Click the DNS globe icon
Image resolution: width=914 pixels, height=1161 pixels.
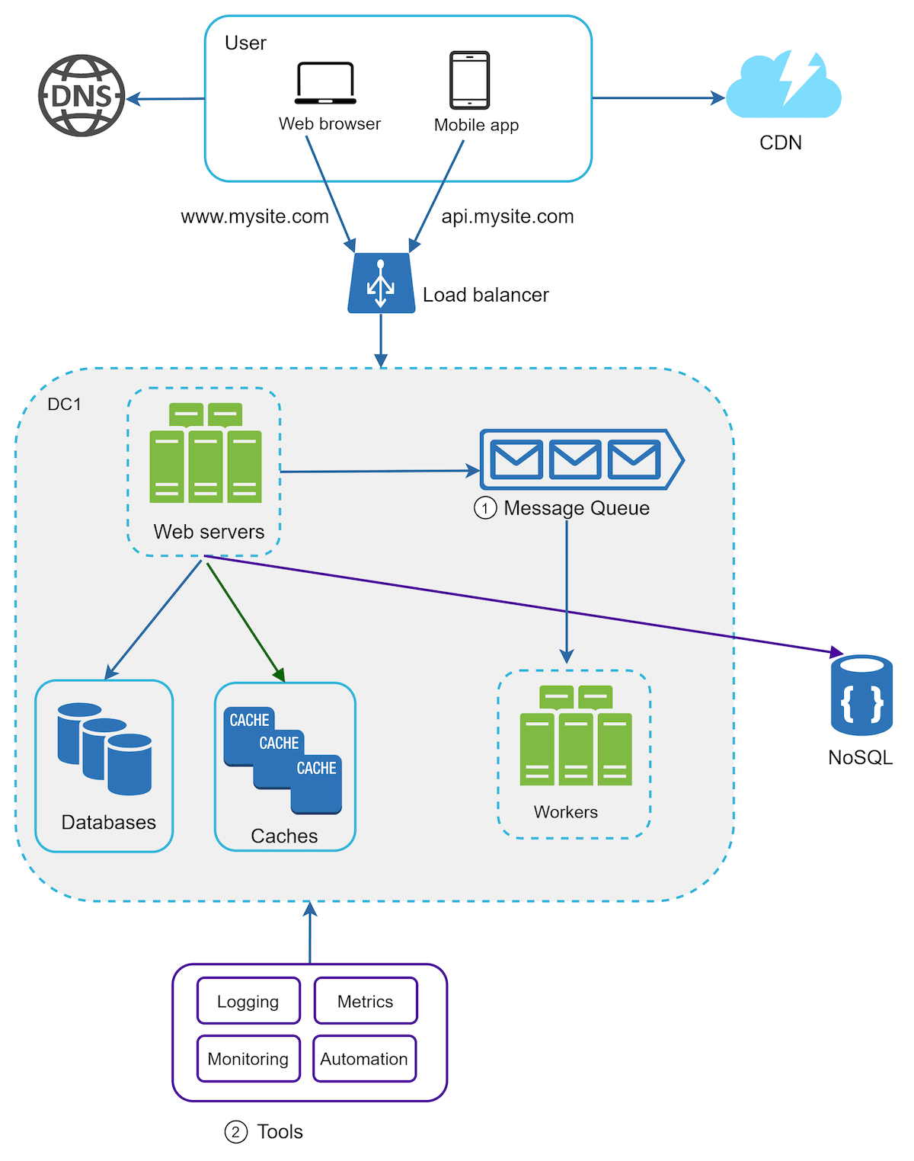81,96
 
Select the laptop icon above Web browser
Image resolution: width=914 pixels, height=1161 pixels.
325,83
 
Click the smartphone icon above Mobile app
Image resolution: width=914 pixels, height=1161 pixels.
469,80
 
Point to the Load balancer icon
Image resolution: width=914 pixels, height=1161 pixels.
381,283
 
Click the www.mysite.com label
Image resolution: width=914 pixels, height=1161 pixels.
254,217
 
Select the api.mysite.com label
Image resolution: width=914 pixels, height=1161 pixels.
507,217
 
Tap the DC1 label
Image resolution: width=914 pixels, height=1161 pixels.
64,405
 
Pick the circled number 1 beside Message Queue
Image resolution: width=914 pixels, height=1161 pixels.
485,508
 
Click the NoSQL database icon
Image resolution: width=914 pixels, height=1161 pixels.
861,695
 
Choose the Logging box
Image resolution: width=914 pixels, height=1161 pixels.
248,1001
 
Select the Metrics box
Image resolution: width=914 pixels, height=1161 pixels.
366,1001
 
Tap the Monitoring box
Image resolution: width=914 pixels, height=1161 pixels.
248,1059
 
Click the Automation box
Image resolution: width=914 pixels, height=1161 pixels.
364,1059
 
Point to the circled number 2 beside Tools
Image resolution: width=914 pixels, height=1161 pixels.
235,1132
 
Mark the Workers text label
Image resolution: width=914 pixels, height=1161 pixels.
565,812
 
